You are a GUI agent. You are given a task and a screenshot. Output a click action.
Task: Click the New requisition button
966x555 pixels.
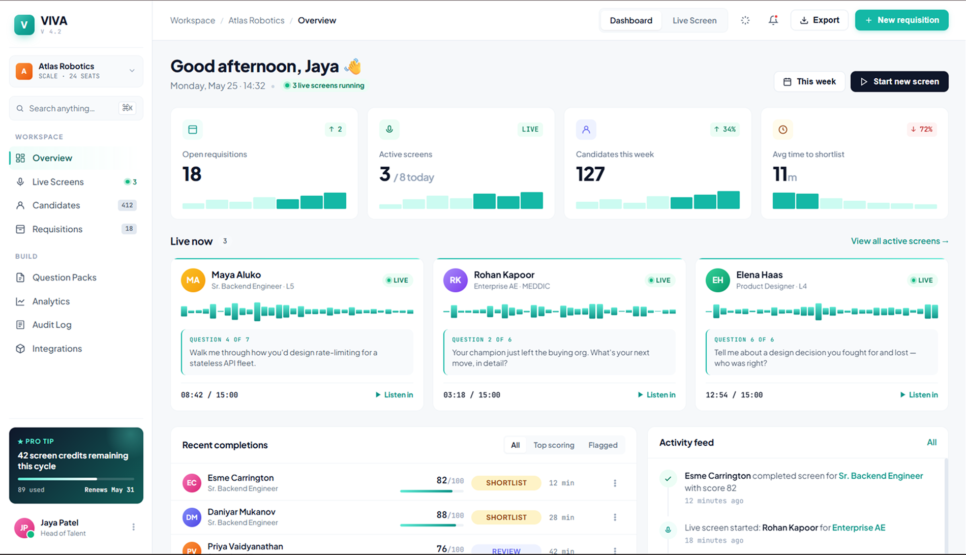tap(901, 20)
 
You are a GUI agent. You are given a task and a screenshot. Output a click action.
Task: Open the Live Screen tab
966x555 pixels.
tap(695, 20)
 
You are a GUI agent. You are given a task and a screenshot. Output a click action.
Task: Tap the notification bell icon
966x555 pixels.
tap(773, 20)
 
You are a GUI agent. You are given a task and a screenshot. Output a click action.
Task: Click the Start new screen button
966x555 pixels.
tap(899, 81)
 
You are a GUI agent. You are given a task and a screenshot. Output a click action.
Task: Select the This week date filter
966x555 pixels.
tap(809, 81)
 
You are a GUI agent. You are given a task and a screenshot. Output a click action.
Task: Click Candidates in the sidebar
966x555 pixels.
tap(56, 205)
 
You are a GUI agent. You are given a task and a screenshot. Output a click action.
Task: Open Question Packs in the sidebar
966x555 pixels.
tap(64, 277)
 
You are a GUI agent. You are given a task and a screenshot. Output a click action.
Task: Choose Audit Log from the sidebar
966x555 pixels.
tap(52, 325)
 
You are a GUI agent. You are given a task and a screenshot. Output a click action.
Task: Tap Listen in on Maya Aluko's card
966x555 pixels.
tap(394, 395)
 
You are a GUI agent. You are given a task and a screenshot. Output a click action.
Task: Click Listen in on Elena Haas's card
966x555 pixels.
tap(919, 395)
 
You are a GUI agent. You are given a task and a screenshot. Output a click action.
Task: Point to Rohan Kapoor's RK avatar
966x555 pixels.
tap(455, 280)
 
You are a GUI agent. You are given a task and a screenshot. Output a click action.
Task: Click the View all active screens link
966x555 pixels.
tap(899, 241)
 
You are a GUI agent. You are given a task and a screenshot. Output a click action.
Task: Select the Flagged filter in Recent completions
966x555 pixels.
tap(602, 445)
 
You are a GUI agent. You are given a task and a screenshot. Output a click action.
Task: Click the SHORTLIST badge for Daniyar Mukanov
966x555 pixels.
tap(506, 517)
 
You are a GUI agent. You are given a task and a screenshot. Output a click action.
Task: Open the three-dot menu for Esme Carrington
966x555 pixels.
tap(615, 483)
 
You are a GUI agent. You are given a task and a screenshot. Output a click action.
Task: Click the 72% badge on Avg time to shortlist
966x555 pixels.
tap(921, 129)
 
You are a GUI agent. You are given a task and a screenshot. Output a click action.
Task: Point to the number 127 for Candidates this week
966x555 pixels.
tap(590, 174)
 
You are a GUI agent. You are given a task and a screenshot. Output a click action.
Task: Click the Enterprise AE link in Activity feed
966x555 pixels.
tap(859, 528)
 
